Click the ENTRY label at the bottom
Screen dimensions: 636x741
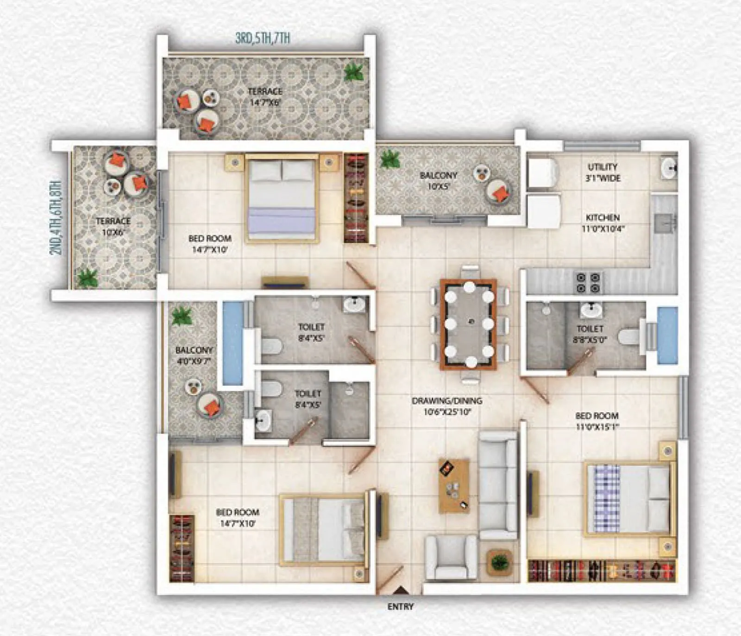point(400,606)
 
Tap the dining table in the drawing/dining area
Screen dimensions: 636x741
point(468,324)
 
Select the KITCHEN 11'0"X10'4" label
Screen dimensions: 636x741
point(603,223)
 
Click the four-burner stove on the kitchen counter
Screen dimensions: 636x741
point(588,283)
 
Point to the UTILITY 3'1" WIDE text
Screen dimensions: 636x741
point(603,172)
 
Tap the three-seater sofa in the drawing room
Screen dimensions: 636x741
point(498,485)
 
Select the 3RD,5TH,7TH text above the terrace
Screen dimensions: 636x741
point(263,38)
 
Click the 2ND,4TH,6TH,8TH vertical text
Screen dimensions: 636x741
point(56,217)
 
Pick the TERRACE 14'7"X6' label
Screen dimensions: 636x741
point(265,97)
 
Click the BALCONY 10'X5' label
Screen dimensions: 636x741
point(438,181)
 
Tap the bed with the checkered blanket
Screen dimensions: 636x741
point(628,499)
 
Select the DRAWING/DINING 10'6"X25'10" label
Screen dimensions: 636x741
point(447,406)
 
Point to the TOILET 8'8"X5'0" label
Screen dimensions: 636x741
point(590,334)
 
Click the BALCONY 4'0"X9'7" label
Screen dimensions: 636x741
point(194,356)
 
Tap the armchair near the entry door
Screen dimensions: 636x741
point(450,556)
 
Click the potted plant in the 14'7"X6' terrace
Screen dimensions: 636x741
point(354,72)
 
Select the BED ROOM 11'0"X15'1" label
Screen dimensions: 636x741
point(597,421)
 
